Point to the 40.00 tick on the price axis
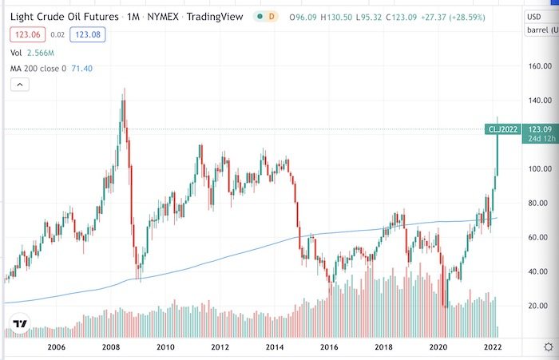pos(539,271)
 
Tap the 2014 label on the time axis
pos(275,347)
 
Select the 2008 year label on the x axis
pos(110,347)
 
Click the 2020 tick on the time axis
pos(438,347)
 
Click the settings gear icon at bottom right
pos(546,347)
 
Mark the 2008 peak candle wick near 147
pos(124,92)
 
